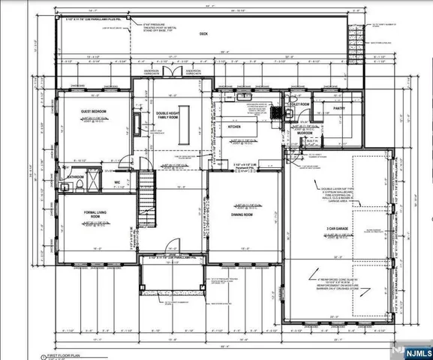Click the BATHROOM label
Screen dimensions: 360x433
pyautogui.click(x=74, y=178)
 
